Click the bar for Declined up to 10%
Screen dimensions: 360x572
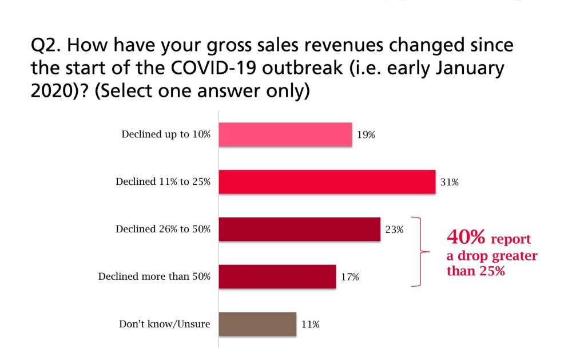click(x=285, y=135)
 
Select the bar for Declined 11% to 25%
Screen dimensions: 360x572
click(x=327, y=182)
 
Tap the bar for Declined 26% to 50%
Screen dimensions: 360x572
click(x=299, y=230)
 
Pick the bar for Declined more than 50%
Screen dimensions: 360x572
click(x=277, y=276)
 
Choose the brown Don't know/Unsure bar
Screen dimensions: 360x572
click(x=257, y=324)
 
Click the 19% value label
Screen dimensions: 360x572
click(x=367, y=135)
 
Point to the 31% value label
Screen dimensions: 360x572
click(x=450, y=183)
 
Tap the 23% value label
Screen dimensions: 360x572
click(x=395, y=230)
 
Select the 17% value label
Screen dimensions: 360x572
click(x=350, y=277)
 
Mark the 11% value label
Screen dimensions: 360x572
click(x=311, y=325)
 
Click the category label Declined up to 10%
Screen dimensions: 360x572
click(x=166, y=135)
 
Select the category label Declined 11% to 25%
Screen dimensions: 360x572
click(x=163, y=182)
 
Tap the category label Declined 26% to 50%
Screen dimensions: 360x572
click(x=163, y=230)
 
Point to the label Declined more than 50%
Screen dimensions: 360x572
click(x=154, y=277)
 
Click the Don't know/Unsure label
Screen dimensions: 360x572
click(x=164, y=324)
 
